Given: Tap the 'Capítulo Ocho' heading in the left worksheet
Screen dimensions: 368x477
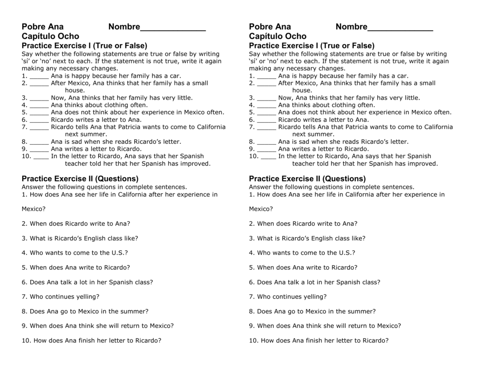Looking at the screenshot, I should [x=50, y=36].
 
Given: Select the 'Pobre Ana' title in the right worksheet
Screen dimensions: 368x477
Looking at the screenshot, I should [x=270, y=27].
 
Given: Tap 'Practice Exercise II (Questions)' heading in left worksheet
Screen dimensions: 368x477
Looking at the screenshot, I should [x=80, y=179].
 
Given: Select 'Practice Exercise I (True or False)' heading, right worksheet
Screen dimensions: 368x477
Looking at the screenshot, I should [x=312, y=46].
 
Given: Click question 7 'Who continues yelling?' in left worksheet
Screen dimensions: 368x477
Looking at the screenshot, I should [x=61, y=296].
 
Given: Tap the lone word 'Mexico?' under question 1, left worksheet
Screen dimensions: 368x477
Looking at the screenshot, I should [x=34, y=209].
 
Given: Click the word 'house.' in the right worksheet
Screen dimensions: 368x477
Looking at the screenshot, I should [x=302, y=90].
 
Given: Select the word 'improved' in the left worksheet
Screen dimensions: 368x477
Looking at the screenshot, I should [x=196, y=164].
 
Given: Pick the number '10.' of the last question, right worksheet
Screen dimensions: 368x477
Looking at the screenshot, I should [x=253, y=340].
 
